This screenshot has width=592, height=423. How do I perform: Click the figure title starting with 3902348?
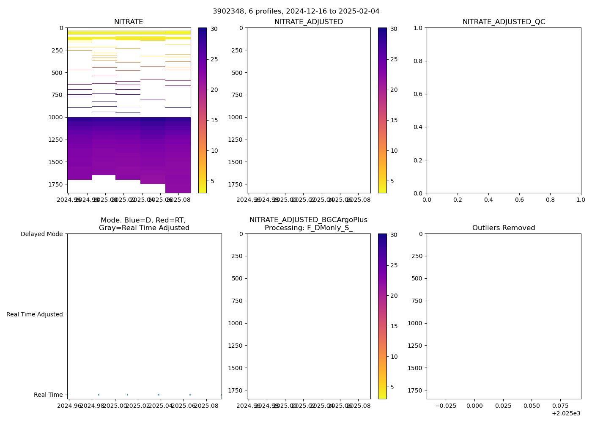point(296,11)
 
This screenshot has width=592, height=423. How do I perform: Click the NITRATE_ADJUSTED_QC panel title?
point(504,22)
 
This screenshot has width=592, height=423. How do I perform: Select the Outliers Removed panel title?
point(504,228)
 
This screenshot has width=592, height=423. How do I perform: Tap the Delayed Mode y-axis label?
point(41,234)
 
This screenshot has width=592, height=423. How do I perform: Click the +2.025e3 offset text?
point(566,413)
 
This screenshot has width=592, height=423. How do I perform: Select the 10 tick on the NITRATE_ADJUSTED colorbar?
point(394,151)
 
